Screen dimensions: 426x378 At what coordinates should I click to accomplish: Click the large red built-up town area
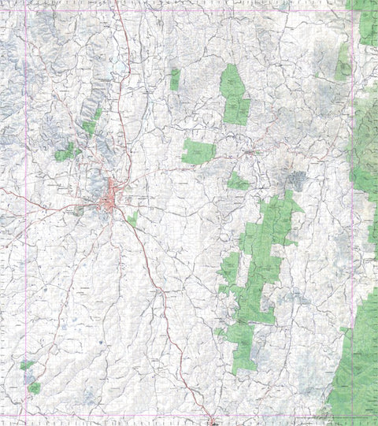(x=113, y=197)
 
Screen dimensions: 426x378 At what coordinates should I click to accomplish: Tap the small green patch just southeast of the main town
(x=133, y=218)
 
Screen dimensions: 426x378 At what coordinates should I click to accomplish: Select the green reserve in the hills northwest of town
(x=66, y=151)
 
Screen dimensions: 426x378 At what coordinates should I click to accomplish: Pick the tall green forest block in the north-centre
(x=234, y=94)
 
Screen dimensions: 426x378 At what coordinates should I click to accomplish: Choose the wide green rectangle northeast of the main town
(x=198, y=152)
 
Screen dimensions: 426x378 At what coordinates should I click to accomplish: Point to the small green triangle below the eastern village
(x=238, y=182)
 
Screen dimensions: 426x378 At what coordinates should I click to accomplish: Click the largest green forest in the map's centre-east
(x=264, y=260)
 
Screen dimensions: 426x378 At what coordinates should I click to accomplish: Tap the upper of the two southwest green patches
(x=27, y=365)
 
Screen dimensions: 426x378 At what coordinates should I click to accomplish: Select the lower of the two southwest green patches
(x=34, y=387)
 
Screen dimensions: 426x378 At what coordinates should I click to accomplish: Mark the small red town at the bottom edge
(x=214, y=421)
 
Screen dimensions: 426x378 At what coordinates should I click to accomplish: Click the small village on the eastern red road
(x=252, y=150)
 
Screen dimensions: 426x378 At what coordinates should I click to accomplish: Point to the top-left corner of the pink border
(x=26, y=10)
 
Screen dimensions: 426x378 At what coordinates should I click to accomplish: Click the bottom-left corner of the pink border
(x=26, y=415)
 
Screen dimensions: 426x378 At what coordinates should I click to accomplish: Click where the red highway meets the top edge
(x=116, y=2)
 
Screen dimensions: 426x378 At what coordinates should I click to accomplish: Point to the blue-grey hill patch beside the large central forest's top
(x=296, y=180)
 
